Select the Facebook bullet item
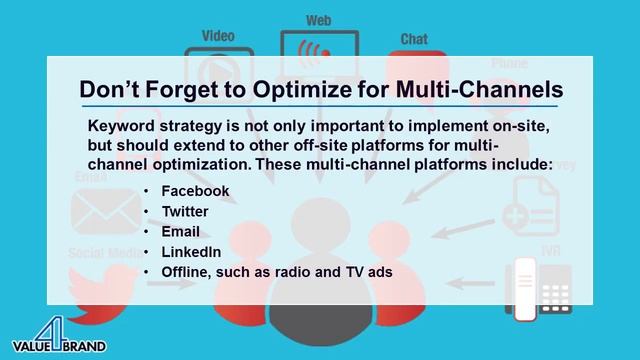[196, 190]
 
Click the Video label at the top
[217, 37]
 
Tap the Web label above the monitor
[319, 19]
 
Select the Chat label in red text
[414, 39]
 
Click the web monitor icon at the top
[319, 50]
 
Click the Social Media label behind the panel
[107, 252]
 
